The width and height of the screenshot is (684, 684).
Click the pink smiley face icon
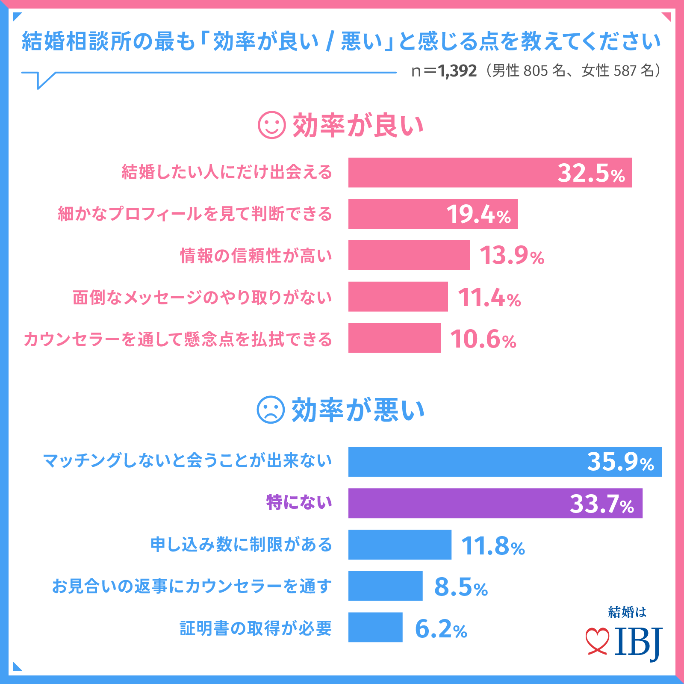point(271,125)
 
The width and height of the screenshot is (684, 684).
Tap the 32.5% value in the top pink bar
point(591,173)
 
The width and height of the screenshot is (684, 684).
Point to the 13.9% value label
point(511,256)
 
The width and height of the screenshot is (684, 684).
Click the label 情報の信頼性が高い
point(256,256)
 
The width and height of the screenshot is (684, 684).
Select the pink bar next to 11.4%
point(398,297)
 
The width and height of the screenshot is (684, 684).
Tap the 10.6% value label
point(483,339)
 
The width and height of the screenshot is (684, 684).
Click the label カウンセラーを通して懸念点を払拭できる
point(178,339)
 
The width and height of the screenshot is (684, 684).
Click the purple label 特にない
point(299,502)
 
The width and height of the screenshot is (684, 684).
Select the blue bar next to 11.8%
point(399,545)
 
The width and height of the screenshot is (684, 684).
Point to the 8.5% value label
point(461,587)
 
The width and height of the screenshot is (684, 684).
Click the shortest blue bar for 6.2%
point(375,628)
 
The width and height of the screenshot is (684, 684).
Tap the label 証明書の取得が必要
point(256,628)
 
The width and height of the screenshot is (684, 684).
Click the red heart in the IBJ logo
point(597,641)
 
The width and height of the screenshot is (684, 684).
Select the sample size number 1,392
point(457,71)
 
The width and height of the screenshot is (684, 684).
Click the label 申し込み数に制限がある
point(241,545)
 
